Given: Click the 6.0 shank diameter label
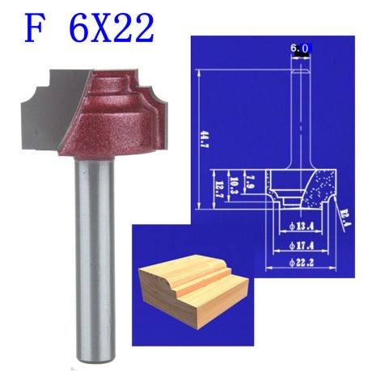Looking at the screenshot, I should coord(299,49).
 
